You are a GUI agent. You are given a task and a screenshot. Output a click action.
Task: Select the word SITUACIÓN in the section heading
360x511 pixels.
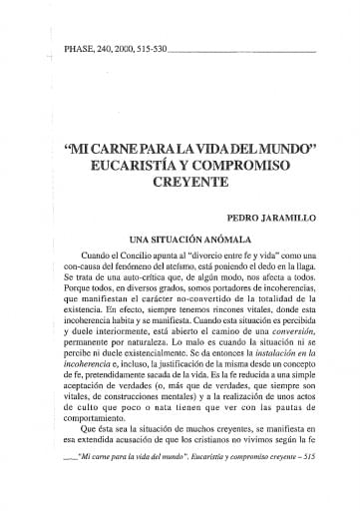pyautogui.click(x=166, y=240)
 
